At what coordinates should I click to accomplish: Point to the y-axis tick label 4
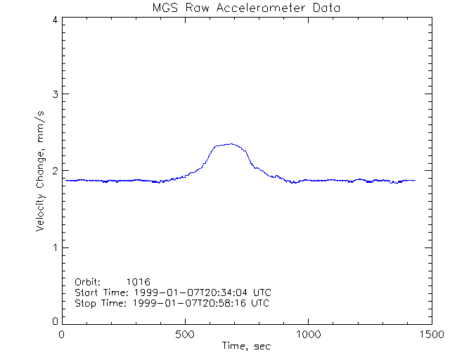pos(54,20)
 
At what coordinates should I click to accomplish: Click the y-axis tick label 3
pos(54,94)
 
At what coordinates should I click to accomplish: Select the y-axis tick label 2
pos(54,171)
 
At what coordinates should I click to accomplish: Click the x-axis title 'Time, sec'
pos(246,346)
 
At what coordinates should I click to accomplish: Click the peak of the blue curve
pos(231,144)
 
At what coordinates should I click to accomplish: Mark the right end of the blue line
pos(415,180)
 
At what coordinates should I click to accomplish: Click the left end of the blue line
pos(65,180)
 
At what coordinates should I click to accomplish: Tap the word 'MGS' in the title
pos(165,8)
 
